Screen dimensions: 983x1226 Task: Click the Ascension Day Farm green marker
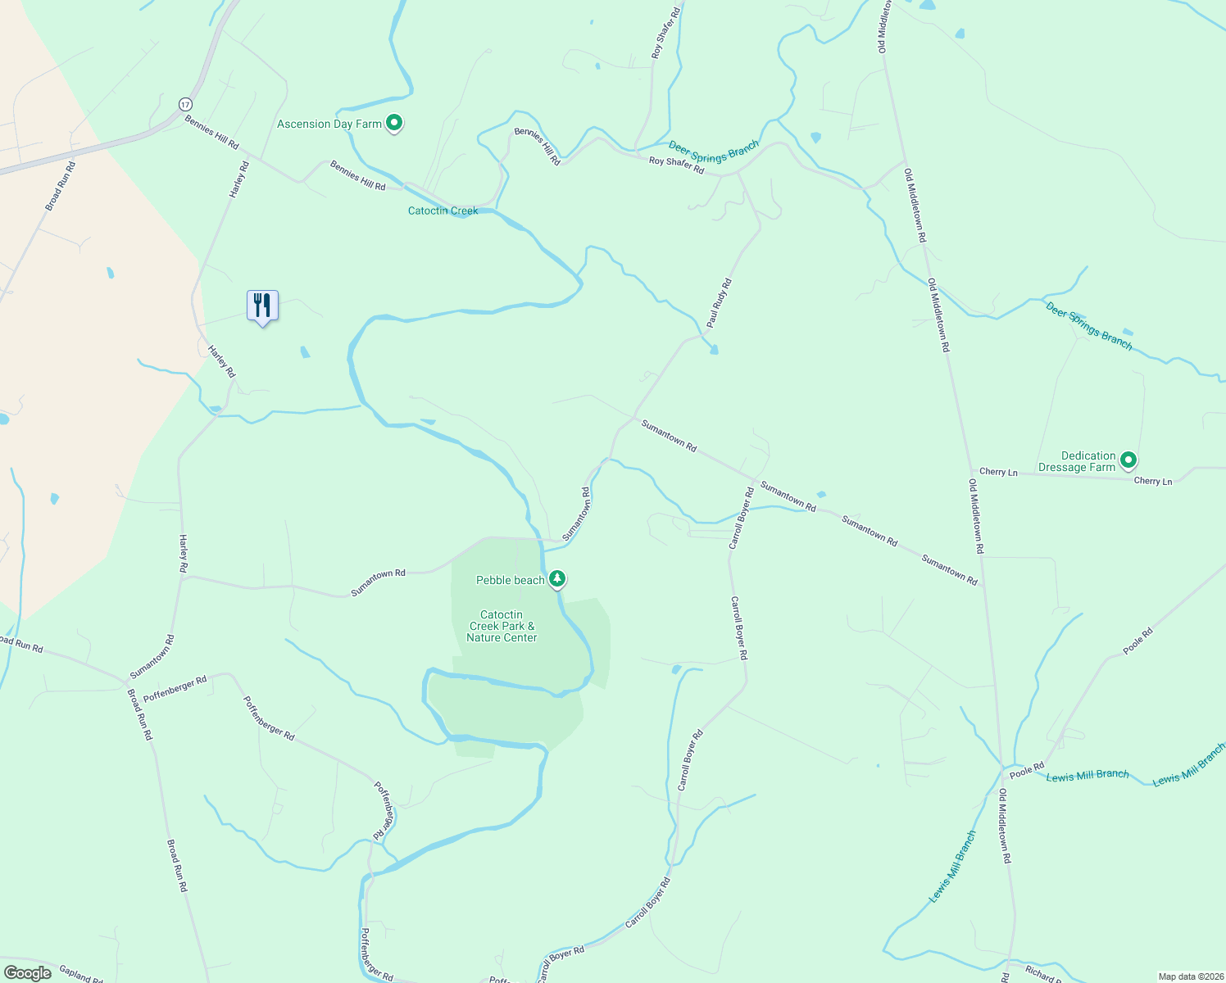[x=394, y=124]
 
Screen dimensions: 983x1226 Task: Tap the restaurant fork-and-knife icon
[x=262, y=306]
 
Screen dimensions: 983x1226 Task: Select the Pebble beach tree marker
[x=557, y=579]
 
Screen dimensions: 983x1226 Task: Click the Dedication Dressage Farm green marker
[x=1128, y=460]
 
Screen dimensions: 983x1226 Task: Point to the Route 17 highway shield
[x=185, y=104]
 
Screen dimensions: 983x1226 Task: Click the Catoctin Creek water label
[x=443, y=211]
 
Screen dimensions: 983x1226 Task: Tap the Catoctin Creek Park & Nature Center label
[x=502, y=626]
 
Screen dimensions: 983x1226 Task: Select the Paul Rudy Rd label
[x=719, y=303]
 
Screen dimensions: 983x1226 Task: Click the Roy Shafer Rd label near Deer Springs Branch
[x=676, y=165]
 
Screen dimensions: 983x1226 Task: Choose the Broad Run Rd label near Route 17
[x=60, y=186]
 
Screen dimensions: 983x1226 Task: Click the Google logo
[x=28, y=973]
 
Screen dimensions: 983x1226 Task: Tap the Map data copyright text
[x=1189, y=976]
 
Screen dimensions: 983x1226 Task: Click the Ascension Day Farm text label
[x=329, y=124]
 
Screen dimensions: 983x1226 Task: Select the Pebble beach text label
[x=511, y=580]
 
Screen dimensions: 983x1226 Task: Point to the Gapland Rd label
[x=80, y=974]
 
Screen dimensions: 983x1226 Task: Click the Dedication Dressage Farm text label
[x=1077, y=461]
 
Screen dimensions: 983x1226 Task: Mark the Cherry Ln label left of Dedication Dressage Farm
[x=998, y=472]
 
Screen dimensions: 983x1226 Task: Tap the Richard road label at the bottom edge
[x=1043, y=974]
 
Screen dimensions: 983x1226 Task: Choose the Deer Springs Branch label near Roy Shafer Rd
[x=714, y=152]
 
